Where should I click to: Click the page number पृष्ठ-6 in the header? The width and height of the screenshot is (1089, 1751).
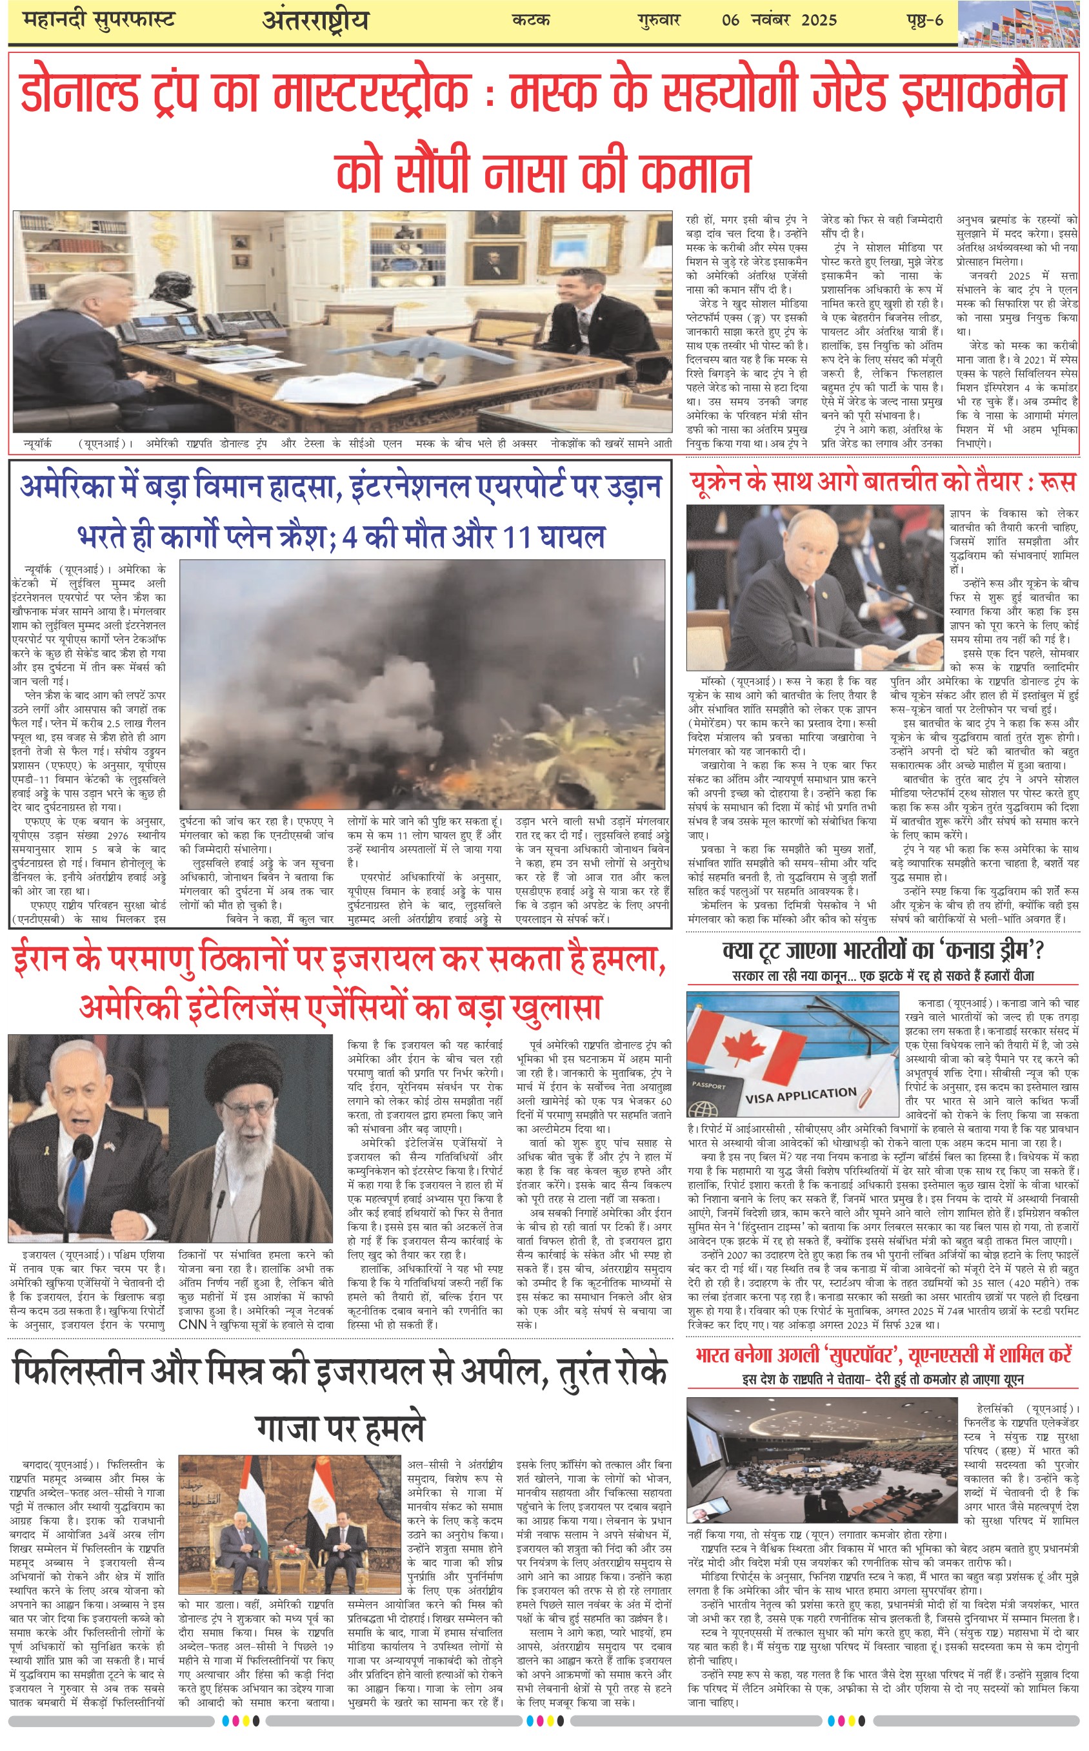[x=924, y=20]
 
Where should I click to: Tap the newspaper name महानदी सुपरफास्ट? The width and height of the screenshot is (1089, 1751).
[x=99, y=19]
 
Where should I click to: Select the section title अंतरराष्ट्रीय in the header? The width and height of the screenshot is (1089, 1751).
[x=315, y=20]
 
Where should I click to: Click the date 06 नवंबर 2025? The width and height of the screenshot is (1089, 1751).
[x=779, y=20]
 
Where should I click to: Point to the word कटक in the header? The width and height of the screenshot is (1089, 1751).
[x=531, y=20]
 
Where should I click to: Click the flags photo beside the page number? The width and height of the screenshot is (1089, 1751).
[x=1021, y=23]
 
